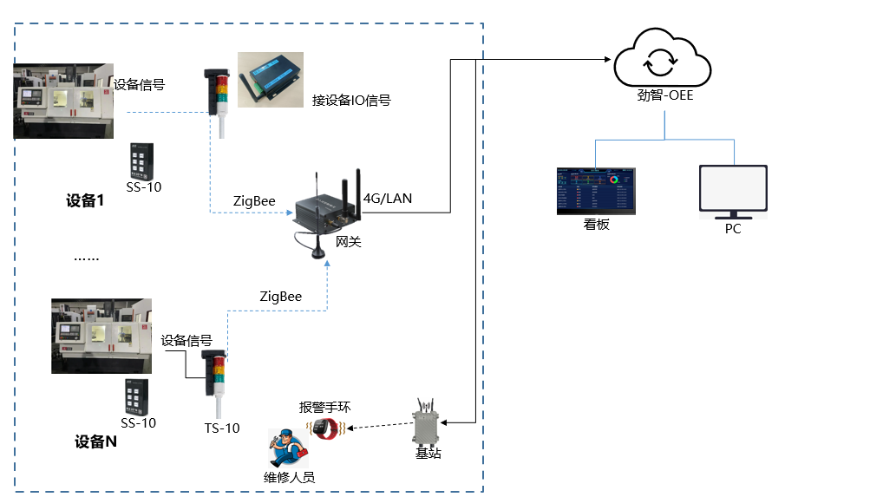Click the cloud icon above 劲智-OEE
(662, 59)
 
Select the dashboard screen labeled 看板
(595, 191)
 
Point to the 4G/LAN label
(388, 199)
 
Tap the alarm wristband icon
(326, 428)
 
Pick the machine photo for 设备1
(63, 101)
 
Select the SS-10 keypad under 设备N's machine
(134, 397)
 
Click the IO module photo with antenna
(271, 80)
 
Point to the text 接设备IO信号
(351, 101)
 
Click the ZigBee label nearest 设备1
(254, 200)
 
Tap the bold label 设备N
(95, 441)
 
